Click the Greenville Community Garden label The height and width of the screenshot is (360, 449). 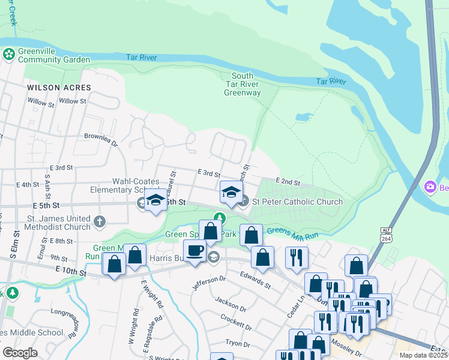pos(53,55)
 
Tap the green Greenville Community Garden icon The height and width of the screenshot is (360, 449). pos(9,55)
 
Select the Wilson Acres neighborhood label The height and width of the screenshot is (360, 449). pos(59,88)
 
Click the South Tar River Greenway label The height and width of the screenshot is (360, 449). pos(243,84)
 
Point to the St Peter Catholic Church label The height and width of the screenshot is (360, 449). pos(297,202)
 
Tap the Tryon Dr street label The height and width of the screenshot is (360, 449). pos(237,344)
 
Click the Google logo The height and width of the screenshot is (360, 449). pos(20,353)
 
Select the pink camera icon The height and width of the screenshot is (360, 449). pos(430,187)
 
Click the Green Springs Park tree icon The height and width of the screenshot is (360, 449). pos(220,218)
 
